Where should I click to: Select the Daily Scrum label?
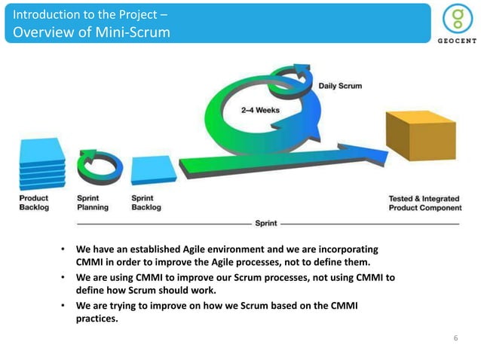[339, 86]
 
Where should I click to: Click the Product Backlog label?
[34, 203]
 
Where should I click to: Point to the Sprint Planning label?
[93, 203]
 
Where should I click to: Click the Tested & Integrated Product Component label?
[424, 203]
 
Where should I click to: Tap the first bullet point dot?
[64, 249]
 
